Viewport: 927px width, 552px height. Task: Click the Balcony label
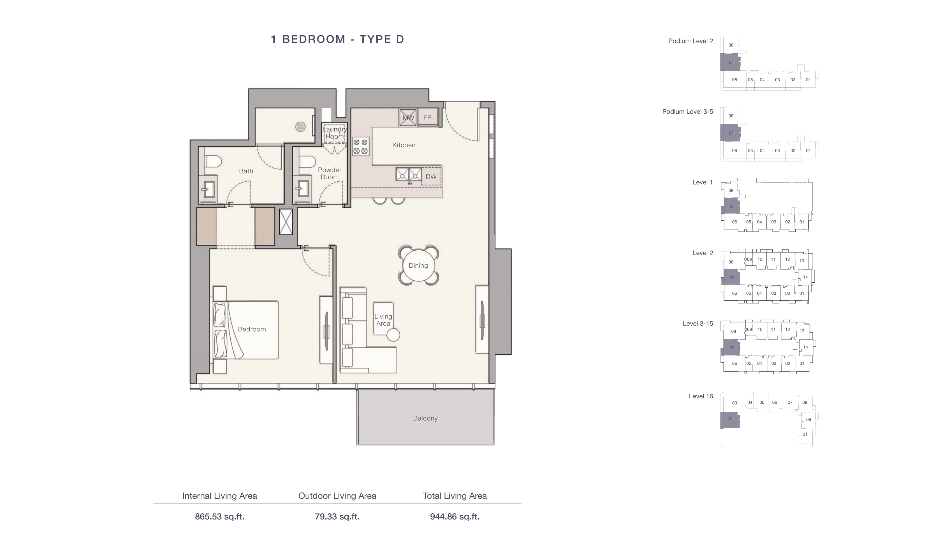(425, 419)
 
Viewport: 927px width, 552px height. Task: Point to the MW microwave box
(408, 117)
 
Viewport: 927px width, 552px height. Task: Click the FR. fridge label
(428, 117)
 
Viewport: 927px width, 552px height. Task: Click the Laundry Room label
(335, 133)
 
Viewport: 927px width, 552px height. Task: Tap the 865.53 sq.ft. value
(220, 517)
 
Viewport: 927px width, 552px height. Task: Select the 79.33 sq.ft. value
(337, 517)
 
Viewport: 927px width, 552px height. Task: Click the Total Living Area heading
(455, 496)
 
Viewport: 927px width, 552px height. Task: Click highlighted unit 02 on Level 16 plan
(730, 420)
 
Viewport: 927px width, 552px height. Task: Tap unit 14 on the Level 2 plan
(805, 277)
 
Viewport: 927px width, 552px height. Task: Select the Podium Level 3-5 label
(688, 112)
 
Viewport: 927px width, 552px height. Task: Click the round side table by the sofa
(393, 335)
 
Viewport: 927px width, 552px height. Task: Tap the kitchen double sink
(409, 174)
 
